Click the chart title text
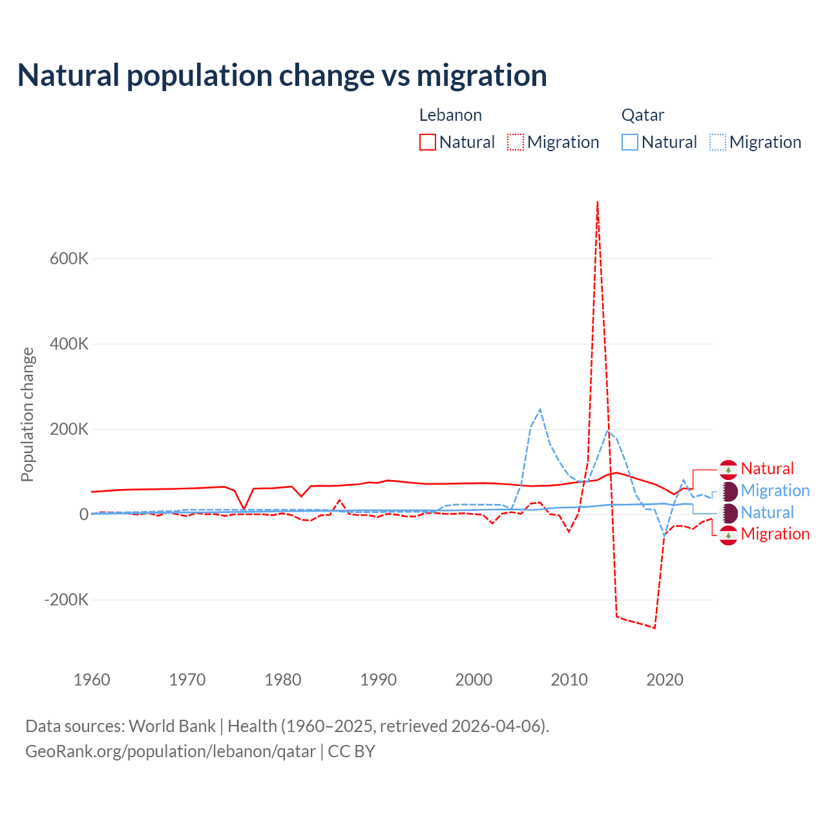coord(282,76)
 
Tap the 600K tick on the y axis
coord(69,258)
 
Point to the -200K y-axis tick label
coord(67,600)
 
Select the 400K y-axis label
coord(69,344)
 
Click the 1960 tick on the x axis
coord(92,680)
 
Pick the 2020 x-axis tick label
coord(665,680)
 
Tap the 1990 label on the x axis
coord(379,680)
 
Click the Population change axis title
coord(27,415)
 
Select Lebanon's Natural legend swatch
coord(428,142)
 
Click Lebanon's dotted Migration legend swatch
coord(516,142)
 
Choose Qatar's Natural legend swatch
coord(630,142)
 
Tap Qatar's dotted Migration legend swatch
coord(718,142)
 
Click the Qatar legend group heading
coord(643,115)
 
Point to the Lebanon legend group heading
coord(450,115)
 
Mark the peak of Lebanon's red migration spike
coord(598,202)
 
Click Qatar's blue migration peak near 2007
coord(540,410)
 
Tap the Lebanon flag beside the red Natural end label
coord(729,469)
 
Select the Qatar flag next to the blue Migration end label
coord(729,491)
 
